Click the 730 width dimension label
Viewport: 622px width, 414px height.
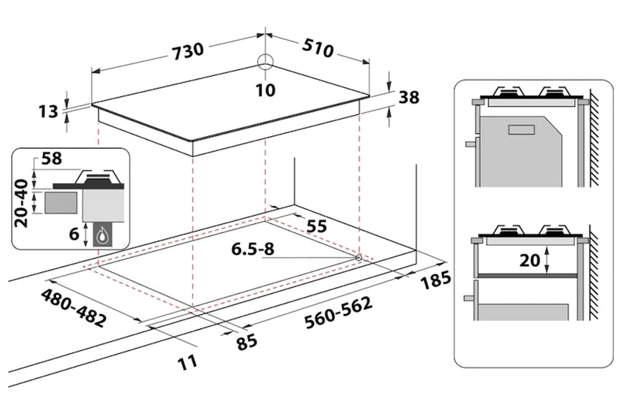pos(188,51)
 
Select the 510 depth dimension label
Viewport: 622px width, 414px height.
pos(318,48)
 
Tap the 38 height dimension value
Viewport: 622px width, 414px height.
pos(408,97)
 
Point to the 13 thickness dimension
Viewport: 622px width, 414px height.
pos(48,112)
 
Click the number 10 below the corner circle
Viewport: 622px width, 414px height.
pos(265,90)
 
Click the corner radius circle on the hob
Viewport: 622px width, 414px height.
pos(265,62)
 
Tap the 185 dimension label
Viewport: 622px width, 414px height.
pos(436,280)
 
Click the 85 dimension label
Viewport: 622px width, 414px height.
pos(247,342)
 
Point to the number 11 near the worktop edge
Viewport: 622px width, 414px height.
pos(188,362)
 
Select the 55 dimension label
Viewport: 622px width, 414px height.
pos(316,226)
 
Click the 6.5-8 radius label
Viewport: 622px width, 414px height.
pos(253,249)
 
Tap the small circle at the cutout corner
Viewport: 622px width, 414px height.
pos(359,257)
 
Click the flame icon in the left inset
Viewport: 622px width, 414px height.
pos(102,236)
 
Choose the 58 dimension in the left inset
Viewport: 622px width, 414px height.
pos(52,159)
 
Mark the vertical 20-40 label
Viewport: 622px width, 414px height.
pos(21,203)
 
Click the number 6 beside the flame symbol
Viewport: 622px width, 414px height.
pos(74,234)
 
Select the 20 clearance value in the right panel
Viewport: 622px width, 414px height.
pos(529,261)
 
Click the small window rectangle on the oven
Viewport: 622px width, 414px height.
pos(521,129)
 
